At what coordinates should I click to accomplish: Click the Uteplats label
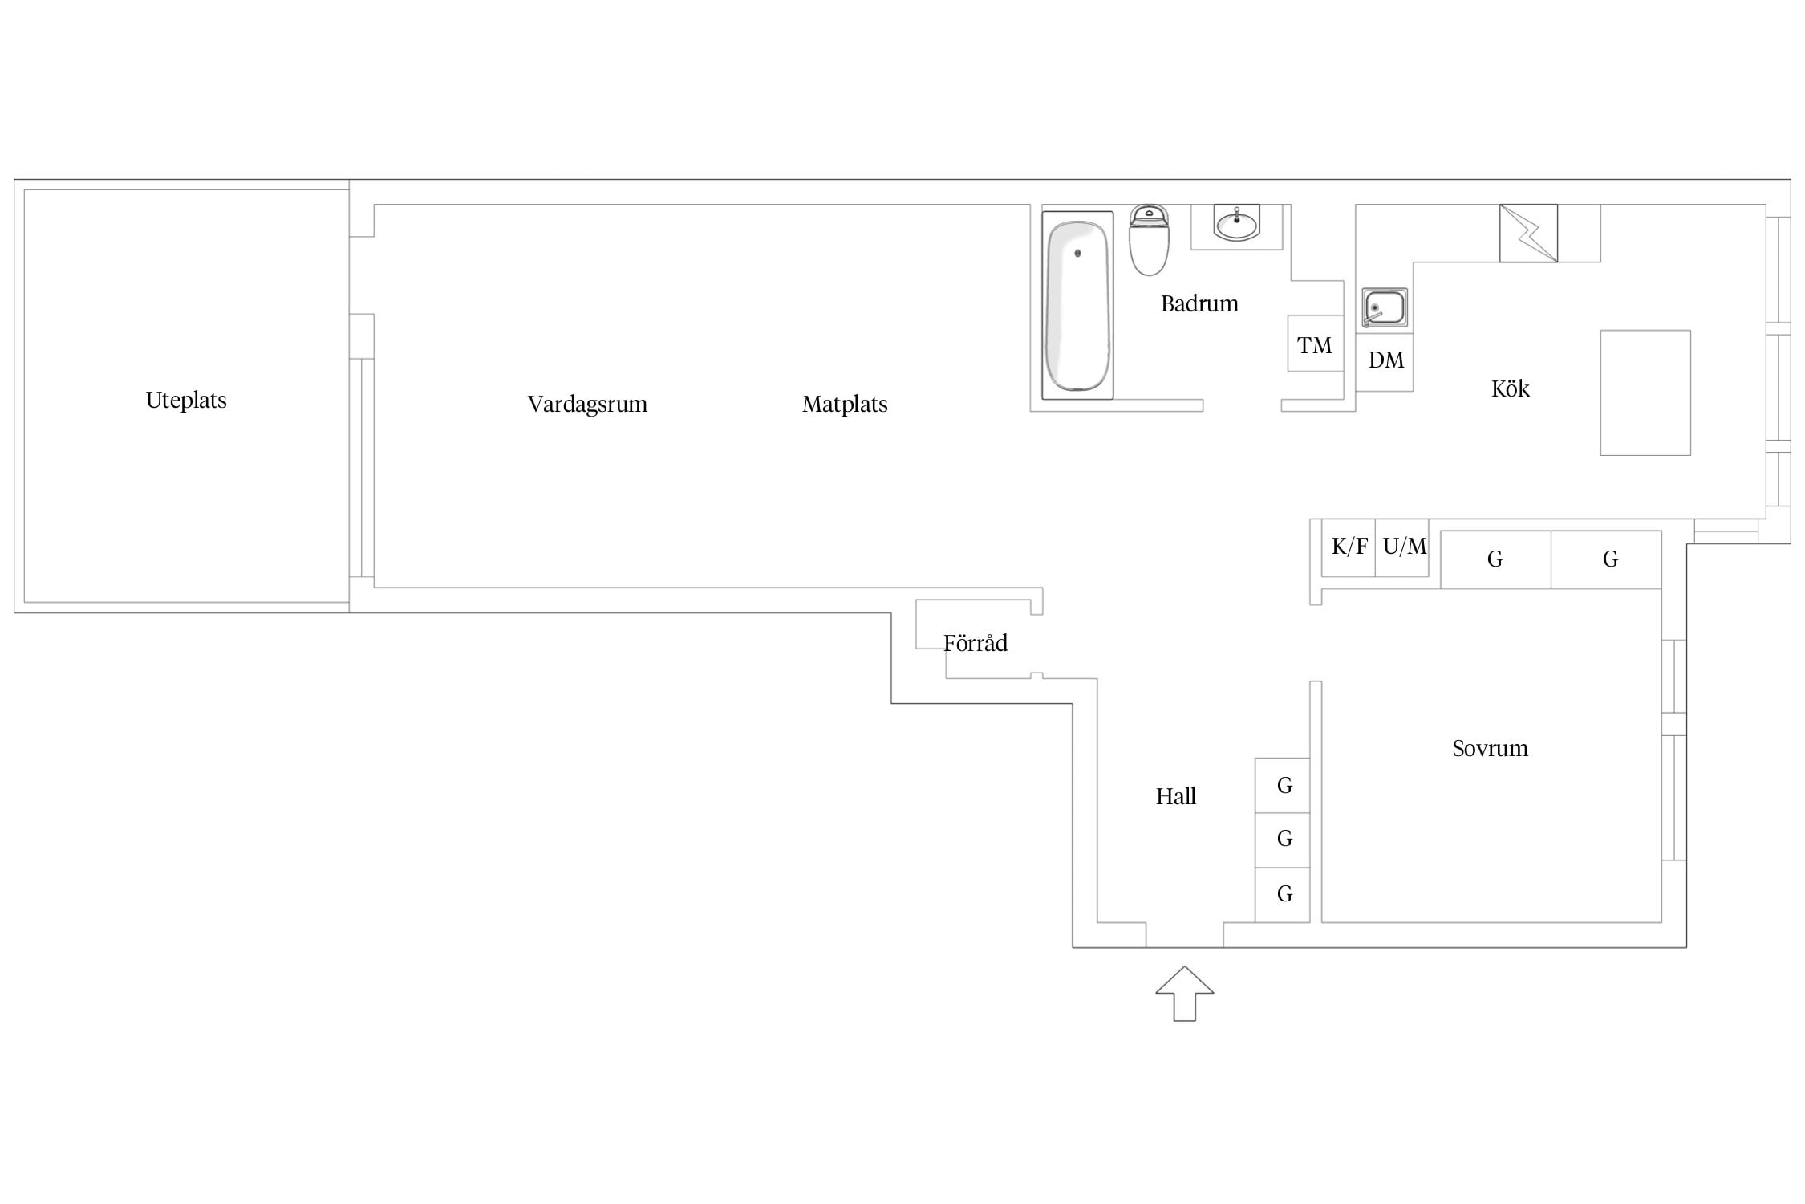[x=186, y=400]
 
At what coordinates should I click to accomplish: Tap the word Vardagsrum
[x=587, y=404]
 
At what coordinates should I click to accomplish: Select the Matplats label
[x=845, y=404]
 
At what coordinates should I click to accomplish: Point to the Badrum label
[x=1199, y=303]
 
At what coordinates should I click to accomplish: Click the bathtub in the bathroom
[x=1077, y=305]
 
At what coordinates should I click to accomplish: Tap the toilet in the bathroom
[x=1149, y=240]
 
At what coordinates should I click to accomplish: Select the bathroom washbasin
[x=1236, y=224]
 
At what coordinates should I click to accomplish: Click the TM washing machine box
[x=1316, y=344]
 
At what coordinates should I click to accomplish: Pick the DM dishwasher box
[x=1385, y=362]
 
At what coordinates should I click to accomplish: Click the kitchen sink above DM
[x=1385, y=308]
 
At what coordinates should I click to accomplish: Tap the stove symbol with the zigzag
[x=1528, y=233]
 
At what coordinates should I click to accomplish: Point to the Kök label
[x=1510, y=388]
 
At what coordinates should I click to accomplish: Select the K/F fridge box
[x=1349, y=547]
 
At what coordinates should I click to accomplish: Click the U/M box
[x=1402, y=547]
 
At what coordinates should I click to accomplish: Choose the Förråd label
[x=975, y=642]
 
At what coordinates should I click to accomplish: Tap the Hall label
[x=1175, y=796]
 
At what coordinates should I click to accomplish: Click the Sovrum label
[x=1490, y=748]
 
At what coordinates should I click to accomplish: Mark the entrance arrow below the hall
[x=1185, y=994]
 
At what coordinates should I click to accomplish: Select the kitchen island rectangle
[x=1645, y=393]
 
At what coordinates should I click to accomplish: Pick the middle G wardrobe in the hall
[x=1283, y=840]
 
